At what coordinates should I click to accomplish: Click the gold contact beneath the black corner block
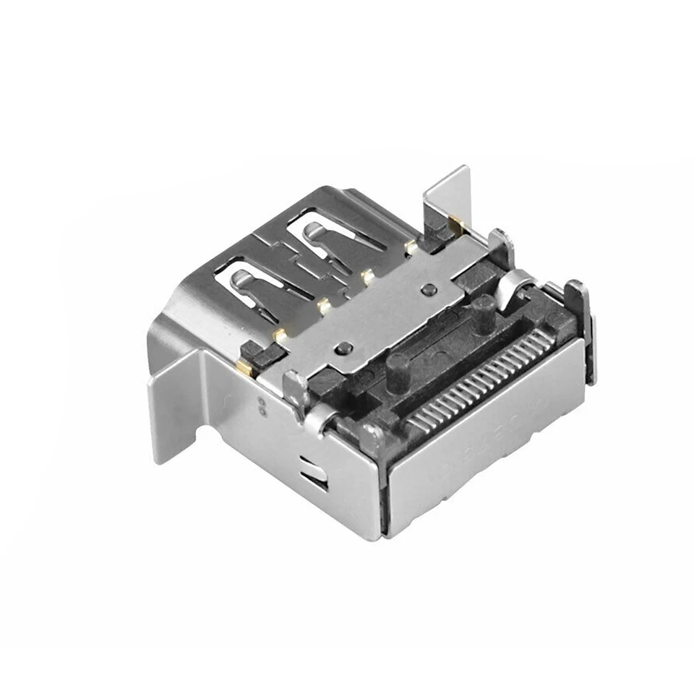(244, 368)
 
